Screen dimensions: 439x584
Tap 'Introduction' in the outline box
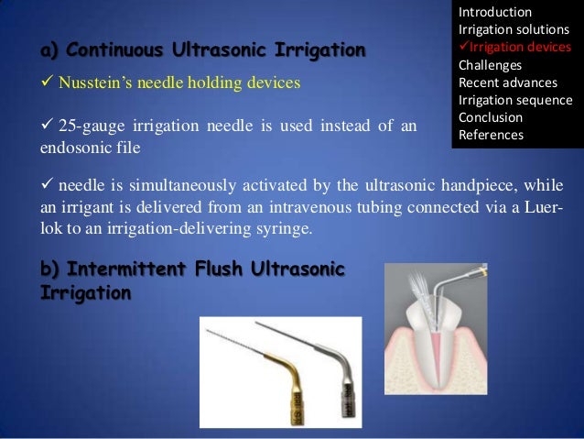click(x=494, y=12)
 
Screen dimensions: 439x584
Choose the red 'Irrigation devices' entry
click(x=518, y=48)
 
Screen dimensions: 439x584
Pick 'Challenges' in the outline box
click(x=490, y=65)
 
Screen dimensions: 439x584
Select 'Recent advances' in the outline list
click(x=507, y=82)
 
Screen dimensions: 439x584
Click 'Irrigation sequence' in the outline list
click(x=514, y=100)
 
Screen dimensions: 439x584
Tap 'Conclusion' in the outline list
click(x=491, y=117)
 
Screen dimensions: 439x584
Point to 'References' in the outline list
click(x=491, y=135)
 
